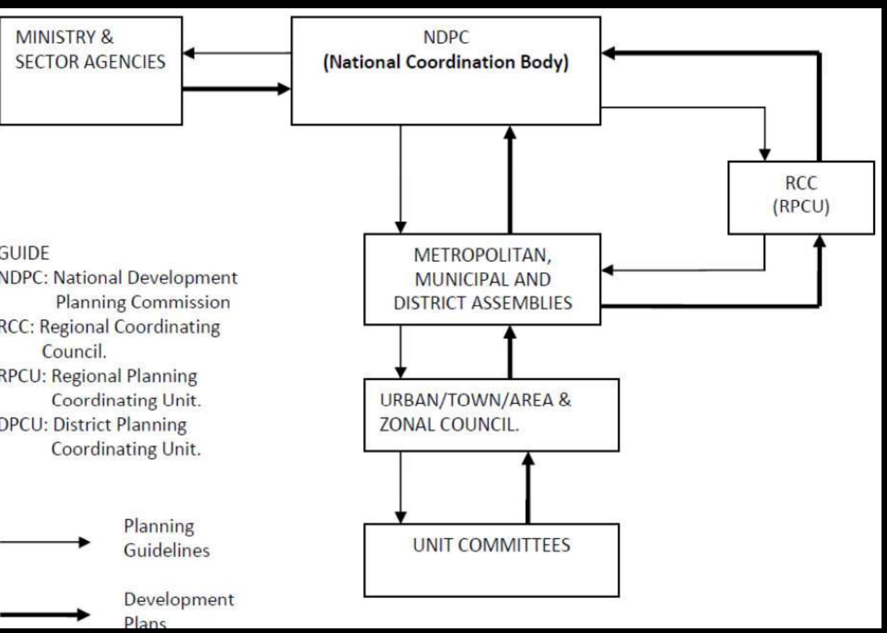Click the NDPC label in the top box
click(446, 37)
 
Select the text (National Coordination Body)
click(446, 62)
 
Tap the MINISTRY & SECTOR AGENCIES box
click(91, 71)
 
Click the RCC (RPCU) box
click(801, 197)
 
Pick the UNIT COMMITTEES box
click(491, 560)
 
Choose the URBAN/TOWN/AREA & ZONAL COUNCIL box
click(491, 415)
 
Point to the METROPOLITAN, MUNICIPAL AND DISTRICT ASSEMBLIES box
click(482, 279)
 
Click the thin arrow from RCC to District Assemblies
click(684, 270)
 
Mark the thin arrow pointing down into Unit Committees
click(400, 487)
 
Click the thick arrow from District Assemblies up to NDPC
click(509, 179)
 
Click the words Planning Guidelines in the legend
click(166, 538)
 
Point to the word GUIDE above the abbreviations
click(24, 253)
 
